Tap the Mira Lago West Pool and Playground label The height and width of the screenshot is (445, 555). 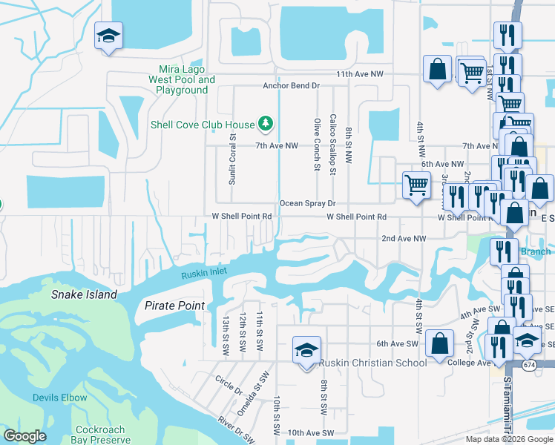click(x=182, y=80)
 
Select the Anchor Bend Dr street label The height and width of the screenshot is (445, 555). click(x=291, y=86)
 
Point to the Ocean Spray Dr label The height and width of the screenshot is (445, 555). click(x=308, y=203)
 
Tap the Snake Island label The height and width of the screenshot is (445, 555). click(x=84, y=294)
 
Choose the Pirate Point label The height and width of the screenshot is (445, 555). click(x=174, y=306)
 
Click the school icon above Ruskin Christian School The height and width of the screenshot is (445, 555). click(x=305, y=351)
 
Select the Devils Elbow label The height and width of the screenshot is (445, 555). click(x=59, y=398)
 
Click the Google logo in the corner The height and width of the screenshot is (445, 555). click(x=25, y=436)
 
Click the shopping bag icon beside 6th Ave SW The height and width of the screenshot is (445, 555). click(x=439, y=343)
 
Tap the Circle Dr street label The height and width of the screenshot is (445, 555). click(x=229, y=386)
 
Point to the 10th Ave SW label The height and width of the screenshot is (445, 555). click(x=311, y=432)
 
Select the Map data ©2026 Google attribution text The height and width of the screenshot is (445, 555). click(x=509, y=439)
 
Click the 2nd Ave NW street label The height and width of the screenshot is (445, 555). click(x=404, y=239)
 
